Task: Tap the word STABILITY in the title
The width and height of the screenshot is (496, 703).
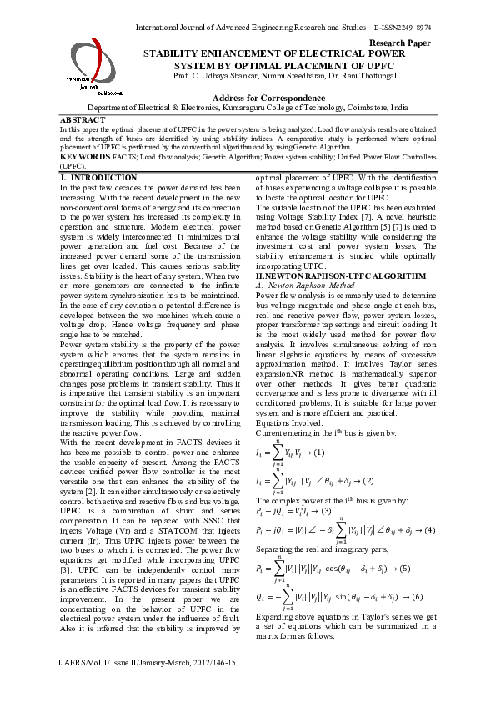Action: pyautogui.click(x=177, y=53)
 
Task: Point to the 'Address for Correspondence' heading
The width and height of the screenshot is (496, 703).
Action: pyautogui.click(x=248, y=98)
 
